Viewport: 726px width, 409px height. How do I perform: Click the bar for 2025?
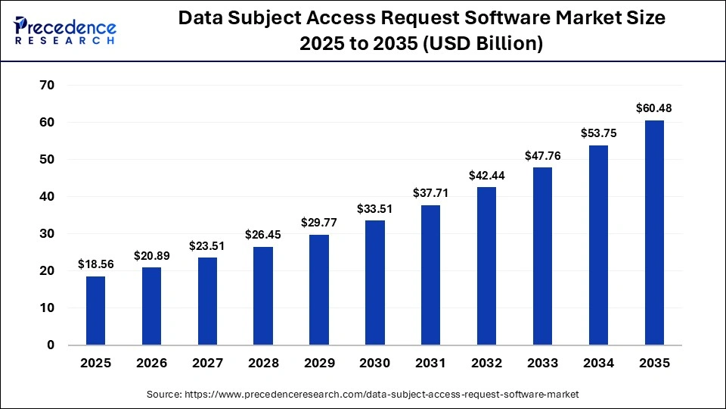[95, 311]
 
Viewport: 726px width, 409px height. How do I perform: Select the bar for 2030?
[375, 283]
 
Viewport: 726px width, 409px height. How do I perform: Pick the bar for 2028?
[263, 295]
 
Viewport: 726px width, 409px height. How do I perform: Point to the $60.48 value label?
[654, 108]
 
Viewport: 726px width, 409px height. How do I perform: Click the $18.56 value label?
[95, 264]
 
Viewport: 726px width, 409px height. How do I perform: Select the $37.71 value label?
[431, 193]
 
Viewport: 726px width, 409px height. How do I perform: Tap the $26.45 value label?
[263, 235]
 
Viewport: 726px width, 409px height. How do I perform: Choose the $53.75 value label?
[598, 133]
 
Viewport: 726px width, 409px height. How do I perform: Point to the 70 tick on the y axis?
[46, 86]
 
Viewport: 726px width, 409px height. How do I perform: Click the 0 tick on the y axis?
[51, 345]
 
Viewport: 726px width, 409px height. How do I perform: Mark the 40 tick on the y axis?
[46, 197]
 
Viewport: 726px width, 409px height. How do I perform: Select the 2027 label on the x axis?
[207, 364]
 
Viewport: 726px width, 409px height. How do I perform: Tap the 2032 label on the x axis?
[486, 364]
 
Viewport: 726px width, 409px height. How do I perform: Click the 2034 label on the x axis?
[598, 364]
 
